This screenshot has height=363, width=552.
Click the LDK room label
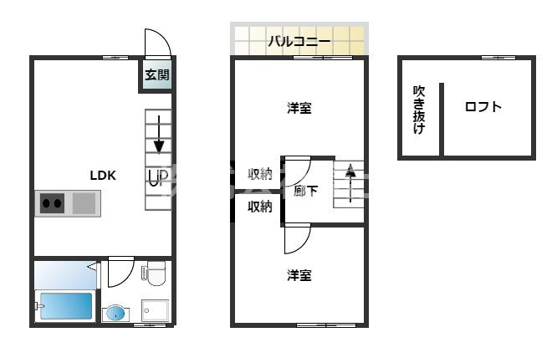(103, 176)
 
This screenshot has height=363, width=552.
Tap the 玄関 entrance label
(156, 75)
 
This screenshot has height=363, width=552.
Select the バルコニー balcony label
(299, 41)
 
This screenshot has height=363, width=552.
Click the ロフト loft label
(483, 107)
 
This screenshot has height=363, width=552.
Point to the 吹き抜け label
(418, 110)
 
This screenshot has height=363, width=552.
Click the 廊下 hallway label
(306, 191)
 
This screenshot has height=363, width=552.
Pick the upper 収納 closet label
(259, 174)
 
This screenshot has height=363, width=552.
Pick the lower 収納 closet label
(259, 207)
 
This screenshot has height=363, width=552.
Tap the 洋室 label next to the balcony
(299, 108)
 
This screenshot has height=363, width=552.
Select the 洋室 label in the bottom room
(299, 274)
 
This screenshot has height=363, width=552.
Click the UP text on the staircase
(158, 176)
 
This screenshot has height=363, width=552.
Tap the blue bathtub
(65, 306)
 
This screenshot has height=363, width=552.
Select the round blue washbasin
(116, 314)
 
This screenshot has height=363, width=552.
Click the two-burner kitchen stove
(53, 202)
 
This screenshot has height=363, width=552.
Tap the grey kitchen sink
(84, 202)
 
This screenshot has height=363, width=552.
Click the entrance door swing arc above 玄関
(157, 43)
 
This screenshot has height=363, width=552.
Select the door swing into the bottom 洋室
(297, 239)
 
